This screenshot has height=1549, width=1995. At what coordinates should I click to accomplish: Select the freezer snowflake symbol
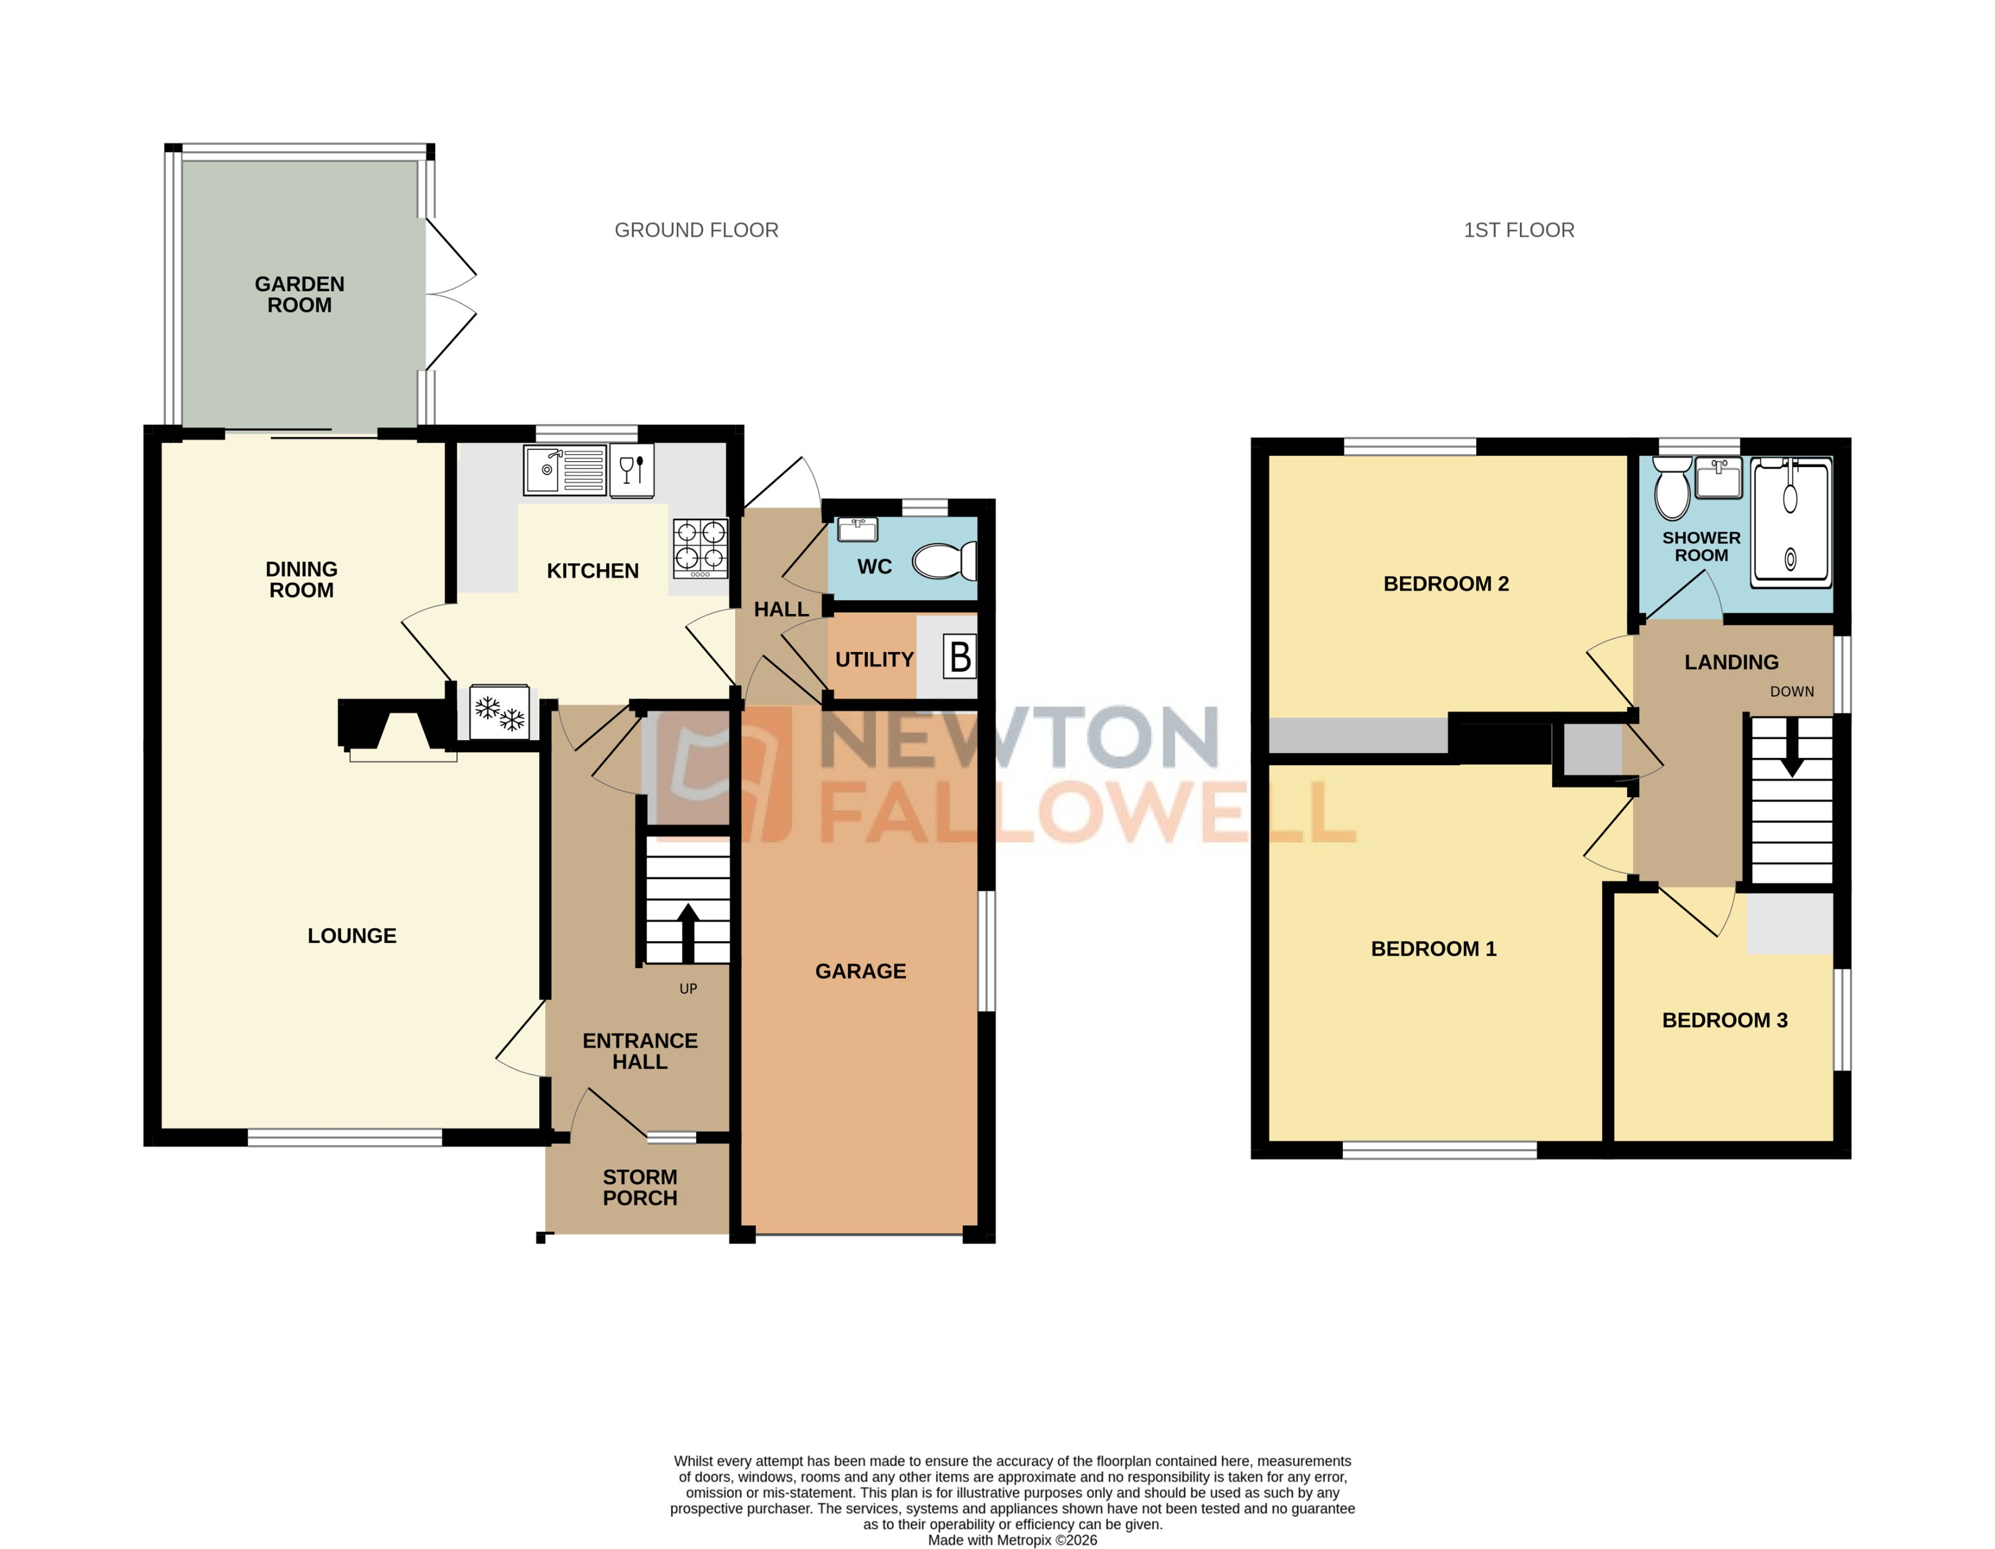tap(499, 712)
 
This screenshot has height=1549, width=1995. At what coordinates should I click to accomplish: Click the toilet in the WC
tap(943, 561)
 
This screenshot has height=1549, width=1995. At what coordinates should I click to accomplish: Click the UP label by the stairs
tap(688, 988)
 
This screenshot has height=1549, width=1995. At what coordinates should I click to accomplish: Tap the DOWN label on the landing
tap(1792, 692)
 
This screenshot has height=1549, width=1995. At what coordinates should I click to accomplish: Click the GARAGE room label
tap(860, 971)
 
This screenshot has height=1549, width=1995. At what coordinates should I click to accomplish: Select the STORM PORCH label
tap(639, 1188)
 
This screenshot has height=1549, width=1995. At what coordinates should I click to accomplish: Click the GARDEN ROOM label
tap(299, 294)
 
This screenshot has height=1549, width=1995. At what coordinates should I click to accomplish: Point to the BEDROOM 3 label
tap(1725, 1020)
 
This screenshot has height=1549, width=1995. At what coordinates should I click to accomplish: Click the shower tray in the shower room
tap(1790, 523)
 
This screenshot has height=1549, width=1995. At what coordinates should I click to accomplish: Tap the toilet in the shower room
tap(1672, 491)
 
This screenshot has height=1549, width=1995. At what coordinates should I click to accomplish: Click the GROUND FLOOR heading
tap(696, 230)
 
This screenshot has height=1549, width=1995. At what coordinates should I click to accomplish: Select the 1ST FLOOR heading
tap(1518, 230)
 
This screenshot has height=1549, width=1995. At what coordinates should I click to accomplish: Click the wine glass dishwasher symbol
tap(632, 470)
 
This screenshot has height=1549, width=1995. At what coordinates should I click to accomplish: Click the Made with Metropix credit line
tap(1012, 1540)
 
